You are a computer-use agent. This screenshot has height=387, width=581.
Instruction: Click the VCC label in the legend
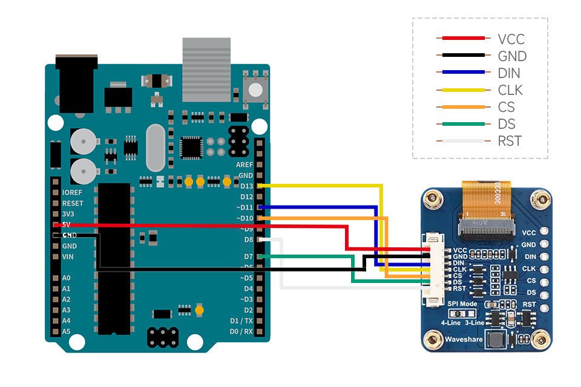pyautogui.click(x=511, y=39)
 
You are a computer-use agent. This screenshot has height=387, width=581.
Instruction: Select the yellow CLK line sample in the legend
pyautogui.click(x=463, y=90)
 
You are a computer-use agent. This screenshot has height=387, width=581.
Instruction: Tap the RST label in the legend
pyautogui.click(x=509, y=141)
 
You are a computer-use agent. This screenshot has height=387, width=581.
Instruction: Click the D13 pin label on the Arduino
pyautogui.click(x=246, y=186)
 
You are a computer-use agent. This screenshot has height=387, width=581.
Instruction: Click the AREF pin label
pyautogui.click(x=245, y=164)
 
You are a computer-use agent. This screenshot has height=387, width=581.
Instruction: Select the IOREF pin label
pyautogui.click(x=73, y=192)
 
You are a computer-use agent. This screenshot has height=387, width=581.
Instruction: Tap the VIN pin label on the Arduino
pyautogui.click(x=68, y=257)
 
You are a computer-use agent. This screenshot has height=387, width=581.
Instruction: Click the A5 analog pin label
pyautogui.click(x=66, y=331)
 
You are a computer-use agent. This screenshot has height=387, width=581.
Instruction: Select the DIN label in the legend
pyautogui.click(x=508, y=73)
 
